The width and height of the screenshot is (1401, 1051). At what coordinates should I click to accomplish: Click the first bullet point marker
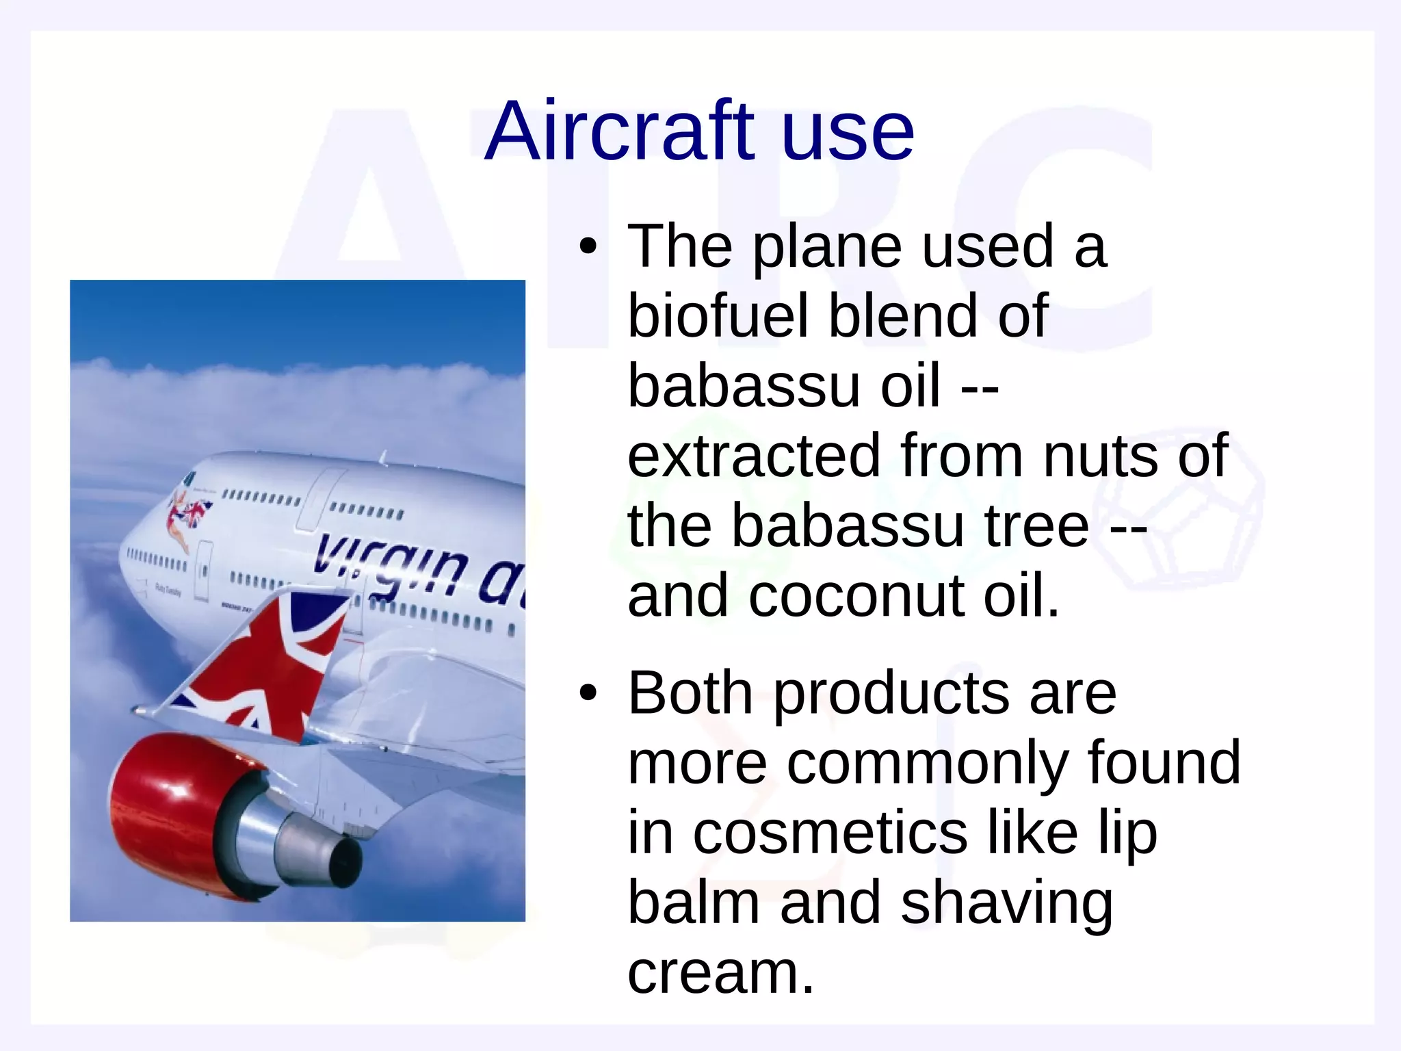(588, 247)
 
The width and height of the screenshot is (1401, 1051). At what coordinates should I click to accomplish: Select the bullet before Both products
(588, 694)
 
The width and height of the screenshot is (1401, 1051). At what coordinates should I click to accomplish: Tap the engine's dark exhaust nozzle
(342, 861)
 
